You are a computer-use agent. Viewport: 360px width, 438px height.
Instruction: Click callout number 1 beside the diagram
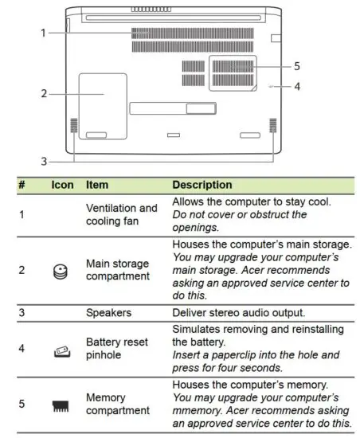tap(43, 33)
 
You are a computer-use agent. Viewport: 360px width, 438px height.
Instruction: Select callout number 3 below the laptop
tap(45, 158)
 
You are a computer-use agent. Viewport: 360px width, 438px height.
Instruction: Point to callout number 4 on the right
tap(296, 85)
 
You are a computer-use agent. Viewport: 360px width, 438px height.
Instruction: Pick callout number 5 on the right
tap(296, 66)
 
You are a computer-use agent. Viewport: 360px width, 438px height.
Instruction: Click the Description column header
tap(202, 185)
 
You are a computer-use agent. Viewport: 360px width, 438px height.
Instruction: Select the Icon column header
tap(62, 185)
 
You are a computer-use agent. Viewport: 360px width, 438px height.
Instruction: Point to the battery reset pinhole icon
tap(62, 349)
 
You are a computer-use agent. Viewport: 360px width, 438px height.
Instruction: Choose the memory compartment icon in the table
tap(62, 404)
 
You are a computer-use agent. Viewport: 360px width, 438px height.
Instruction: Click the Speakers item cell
tap(109, 313)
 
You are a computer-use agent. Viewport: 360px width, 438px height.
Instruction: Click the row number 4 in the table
tap(22, 349)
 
